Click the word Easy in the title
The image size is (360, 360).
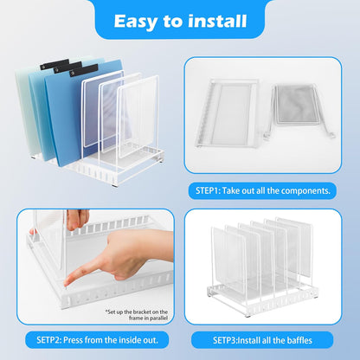tap(138, 19)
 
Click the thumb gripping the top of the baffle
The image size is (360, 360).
tap(77, 217)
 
